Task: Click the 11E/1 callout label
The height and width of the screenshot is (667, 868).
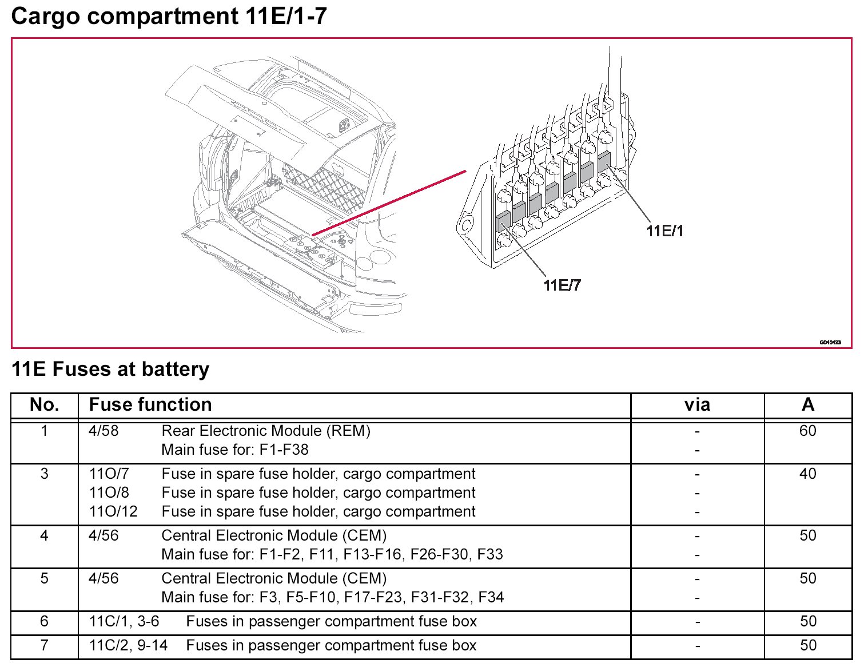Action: (664, 231)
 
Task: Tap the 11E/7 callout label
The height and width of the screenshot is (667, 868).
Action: (562, 285)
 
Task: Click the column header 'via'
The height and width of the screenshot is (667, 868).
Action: (697, 405)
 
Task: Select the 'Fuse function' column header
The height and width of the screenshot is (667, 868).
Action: (150, 405)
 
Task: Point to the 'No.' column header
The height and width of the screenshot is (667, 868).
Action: (45, 405)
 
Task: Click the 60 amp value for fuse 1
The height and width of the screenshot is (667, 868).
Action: (807, 431)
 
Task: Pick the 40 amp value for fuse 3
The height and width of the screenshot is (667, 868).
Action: (807, 474)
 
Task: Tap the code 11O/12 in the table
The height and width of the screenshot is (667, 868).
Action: (113, 511)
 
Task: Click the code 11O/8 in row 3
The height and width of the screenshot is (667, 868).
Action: (109, 493)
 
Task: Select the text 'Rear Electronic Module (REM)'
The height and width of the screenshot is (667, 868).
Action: (266, 431)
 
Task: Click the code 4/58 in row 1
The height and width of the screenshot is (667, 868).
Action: (103, 431)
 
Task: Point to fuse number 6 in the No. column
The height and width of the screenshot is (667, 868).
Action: (45, 621)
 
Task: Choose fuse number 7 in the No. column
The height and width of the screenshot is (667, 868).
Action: (45, 645)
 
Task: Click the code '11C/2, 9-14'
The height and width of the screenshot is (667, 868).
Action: (128, 645)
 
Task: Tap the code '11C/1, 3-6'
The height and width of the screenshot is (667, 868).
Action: (124, 621)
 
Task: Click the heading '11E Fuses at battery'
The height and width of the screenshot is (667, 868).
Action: (110, 370)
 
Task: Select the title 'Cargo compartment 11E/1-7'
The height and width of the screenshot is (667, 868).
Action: (169, 16)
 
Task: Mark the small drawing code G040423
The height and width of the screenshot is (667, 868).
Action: (830, 342)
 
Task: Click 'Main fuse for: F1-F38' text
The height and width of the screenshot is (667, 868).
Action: (235, 450)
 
